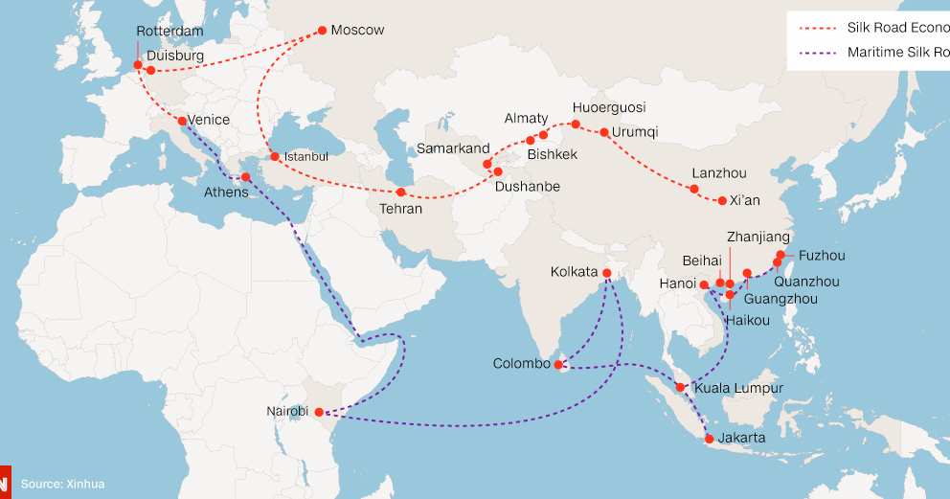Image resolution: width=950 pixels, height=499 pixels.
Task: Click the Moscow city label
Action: click(357, 31)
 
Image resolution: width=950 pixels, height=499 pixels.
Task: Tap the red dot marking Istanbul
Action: click(275, 156)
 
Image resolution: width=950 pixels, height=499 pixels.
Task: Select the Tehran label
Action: click(400, 209)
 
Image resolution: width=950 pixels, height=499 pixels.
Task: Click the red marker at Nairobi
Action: click(320, 412)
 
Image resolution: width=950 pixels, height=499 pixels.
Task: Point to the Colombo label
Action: click(522, 364)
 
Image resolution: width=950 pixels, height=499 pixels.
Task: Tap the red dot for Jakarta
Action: click(709, 439)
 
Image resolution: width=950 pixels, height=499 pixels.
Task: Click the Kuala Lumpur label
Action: click(739, 388)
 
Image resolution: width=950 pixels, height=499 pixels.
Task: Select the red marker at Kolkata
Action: click(606, 273)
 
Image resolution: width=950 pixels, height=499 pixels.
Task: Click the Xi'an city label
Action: click(745, 200)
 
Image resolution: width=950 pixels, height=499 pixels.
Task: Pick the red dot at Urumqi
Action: click(604, 132)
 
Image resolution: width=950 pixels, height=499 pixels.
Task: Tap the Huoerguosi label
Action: click(609, 107)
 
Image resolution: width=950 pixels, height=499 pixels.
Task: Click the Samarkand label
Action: click(453, 148)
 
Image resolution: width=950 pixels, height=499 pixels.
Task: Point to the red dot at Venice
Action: click(181, 121)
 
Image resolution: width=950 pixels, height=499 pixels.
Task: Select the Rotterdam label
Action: click(170, 32)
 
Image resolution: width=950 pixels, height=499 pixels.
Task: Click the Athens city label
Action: click(226, 193)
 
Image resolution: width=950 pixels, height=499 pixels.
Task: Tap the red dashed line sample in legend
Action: click(814, 28)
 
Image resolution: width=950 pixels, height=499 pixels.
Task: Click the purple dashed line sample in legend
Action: click(814, 52)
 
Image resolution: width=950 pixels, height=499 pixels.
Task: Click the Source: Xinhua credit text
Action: click(62, 485)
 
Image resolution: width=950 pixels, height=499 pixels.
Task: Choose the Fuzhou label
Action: click(823, 256)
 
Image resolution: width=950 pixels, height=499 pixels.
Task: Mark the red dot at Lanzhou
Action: click(694, 189)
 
